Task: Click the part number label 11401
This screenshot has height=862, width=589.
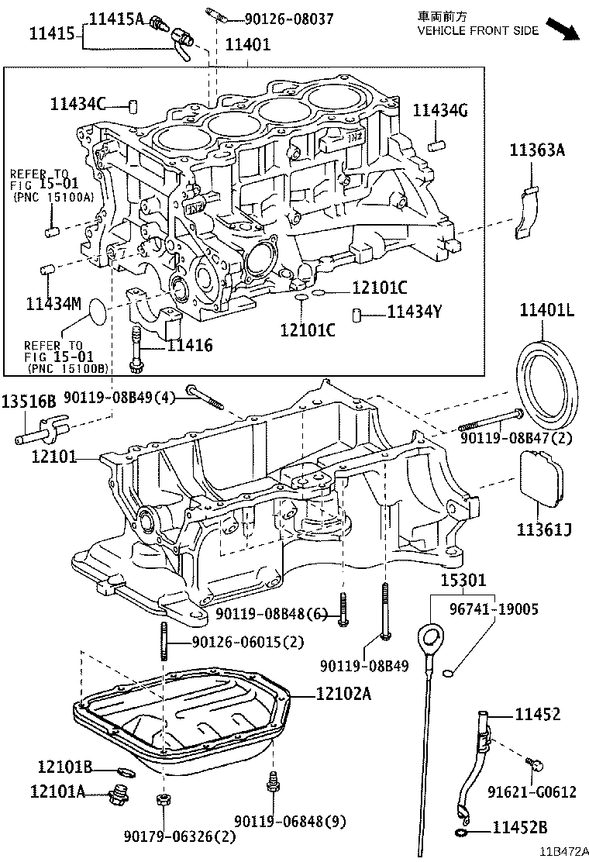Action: click(x=248, y=45)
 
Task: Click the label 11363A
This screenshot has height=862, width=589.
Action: click(x=536, y=151)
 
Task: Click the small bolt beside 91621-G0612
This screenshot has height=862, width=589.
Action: click(x=533, y=764)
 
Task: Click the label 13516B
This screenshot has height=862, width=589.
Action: click(x=29, y=402)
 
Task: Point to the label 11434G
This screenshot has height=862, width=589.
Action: click(x=439, y=111)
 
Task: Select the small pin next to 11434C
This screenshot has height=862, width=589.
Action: click(x=133, y=105)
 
